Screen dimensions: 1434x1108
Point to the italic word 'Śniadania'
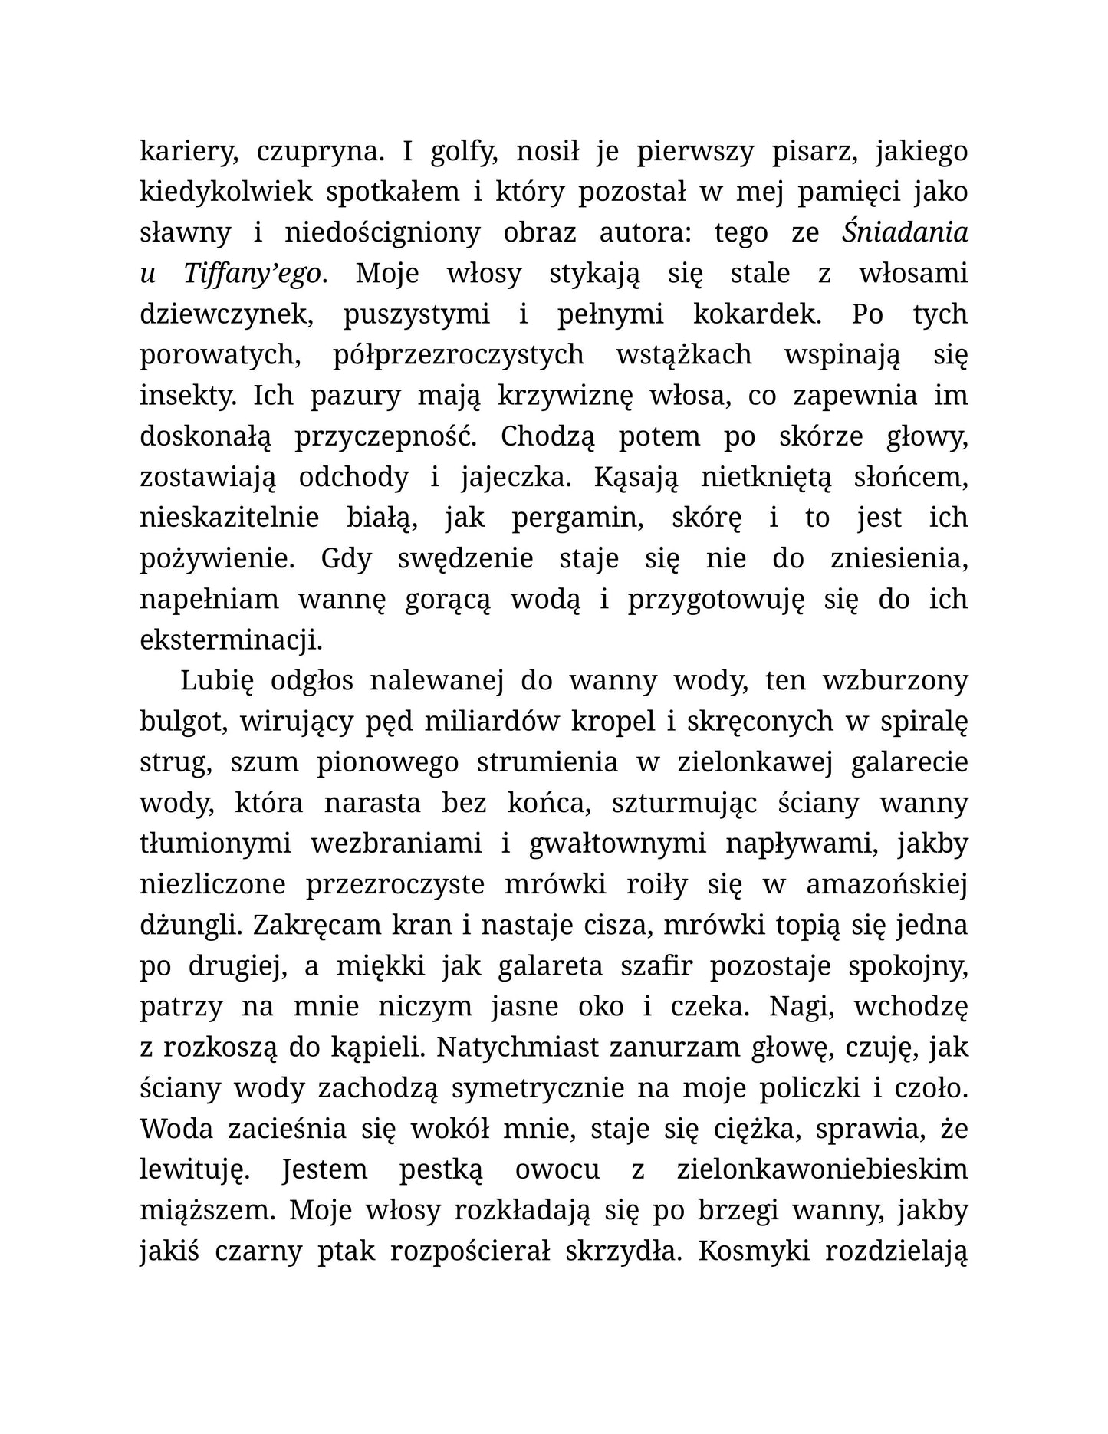(905, 232)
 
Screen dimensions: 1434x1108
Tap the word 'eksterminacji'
(230, 640)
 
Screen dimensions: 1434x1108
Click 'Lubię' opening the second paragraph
(217, 680)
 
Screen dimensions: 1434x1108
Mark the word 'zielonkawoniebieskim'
(822, 1169)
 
